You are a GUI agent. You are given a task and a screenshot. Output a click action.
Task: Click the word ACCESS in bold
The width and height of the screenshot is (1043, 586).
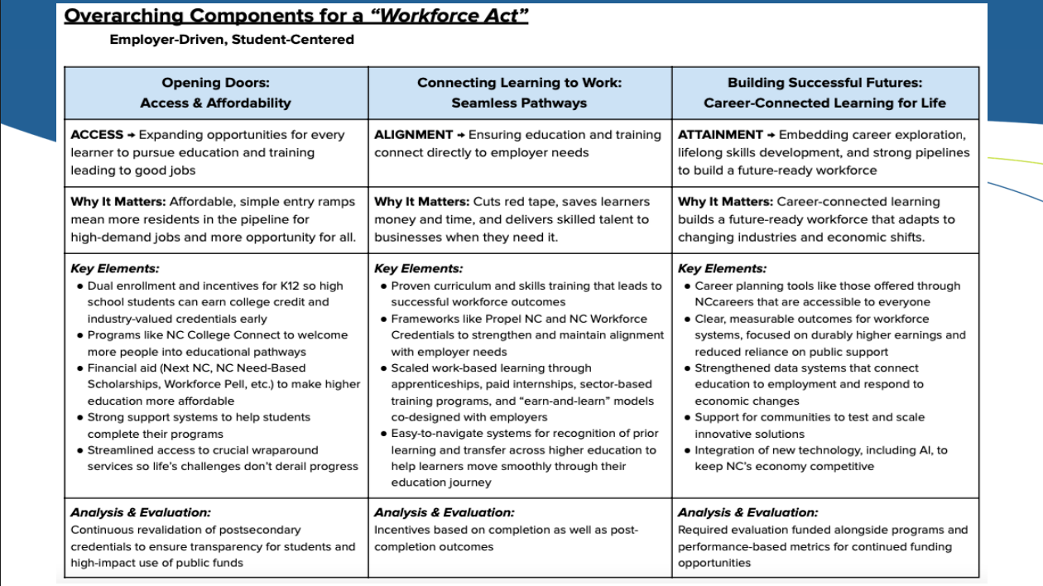pyautogui.click(x=97, y=135)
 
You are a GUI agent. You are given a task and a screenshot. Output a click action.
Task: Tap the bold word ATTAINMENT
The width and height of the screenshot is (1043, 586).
pyautogui.click(x=720, y=135)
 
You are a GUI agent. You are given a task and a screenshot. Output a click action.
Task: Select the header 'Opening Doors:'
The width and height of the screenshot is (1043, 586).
pyautogui.click(x=216, y=83)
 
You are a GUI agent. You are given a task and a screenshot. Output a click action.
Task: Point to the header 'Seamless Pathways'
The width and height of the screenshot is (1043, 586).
pyautogui.click(x=519, y=103)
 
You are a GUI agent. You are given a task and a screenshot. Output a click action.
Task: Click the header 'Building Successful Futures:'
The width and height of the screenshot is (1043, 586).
pyautogui.click(x=824, y=83)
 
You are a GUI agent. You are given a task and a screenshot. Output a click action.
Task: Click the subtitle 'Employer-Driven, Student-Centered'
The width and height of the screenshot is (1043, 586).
pyautogui.click(x=232, y=39)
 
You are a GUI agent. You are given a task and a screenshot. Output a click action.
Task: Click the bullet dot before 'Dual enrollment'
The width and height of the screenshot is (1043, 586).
pyautogui.click(x=79, y=286)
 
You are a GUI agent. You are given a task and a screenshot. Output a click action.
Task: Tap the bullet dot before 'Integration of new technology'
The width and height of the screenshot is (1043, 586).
pyautogui.click(x=687, y=450)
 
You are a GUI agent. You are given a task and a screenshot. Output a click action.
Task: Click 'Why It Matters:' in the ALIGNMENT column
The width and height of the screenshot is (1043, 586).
pyautogui.click(x=421, y=202)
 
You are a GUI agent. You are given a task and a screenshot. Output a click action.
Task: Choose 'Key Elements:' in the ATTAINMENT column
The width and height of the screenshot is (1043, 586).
pyautogui.click(x=722, y=268)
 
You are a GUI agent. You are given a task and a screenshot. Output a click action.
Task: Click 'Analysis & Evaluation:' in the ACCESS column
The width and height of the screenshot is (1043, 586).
pyautogui.click(x=141, y=513)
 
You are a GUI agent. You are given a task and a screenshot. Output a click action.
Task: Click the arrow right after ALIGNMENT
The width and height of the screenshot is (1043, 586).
pyautogui.click(x=461, y=135)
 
